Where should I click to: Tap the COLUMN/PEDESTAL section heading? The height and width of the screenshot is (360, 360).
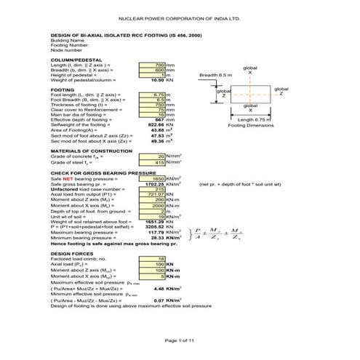tap(76, 60)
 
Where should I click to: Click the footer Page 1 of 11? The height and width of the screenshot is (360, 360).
tap(180, 340)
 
